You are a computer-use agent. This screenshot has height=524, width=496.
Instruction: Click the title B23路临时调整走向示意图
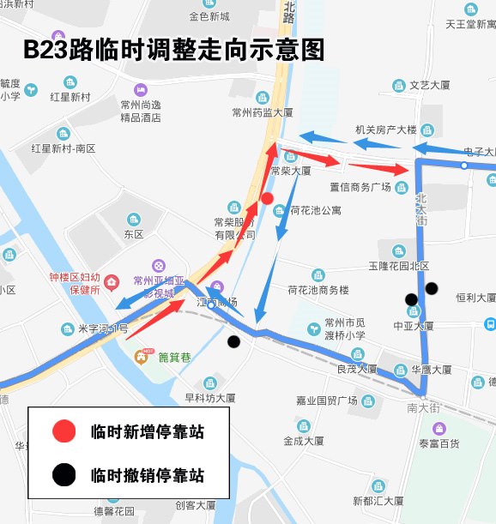point(174,50)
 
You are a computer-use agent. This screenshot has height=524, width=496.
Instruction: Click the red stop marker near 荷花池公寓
point(267,199)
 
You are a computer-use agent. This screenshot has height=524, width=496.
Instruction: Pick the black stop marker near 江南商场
point(233,341)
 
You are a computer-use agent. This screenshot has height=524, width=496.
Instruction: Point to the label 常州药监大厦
point(263,111)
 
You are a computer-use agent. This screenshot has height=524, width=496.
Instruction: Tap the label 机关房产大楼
point(385,130)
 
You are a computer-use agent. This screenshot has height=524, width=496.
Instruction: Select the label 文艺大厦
point(430,86)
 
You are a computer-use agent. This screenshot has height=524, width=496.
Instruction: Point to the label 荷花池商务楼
point(318,290)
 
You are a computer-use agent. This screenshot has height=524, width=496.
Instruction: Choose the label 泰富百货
point(439,443)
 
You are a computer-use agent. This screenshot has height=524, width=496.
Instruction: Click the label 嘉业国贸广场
point(327,401)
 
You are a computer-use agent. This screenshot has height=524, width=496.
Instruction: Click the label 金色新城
point(209,16)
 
